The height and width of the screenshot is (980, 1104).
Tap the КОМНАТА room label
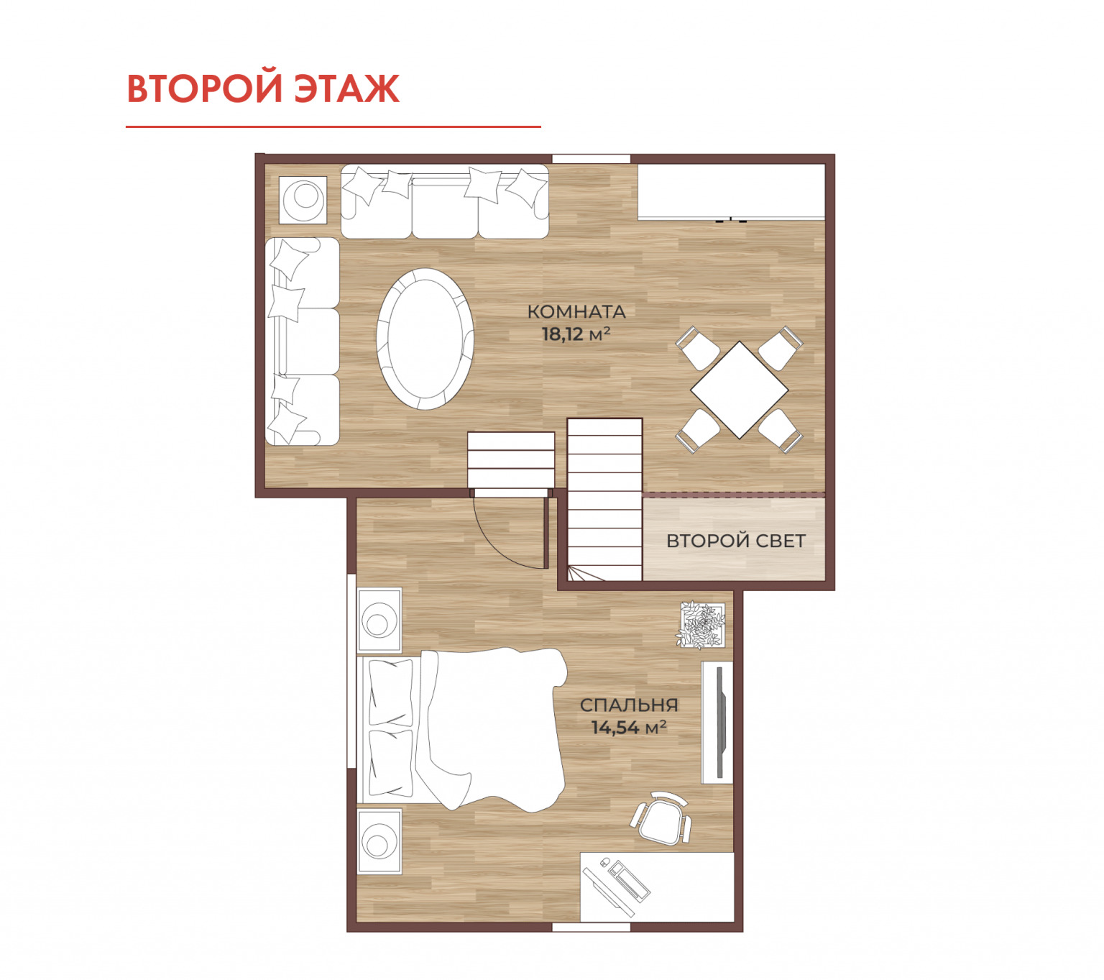click(576, 312)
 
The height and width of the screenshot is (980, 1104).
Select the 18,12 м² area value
click(576, 334)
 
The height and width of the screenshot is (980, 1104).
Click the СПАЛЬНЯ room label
click(629, 705)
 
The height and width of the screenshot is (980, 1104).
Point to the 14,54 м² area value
click(629, 728)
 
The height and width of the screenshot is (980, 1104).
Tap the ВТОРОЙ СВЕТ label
click(735, 541)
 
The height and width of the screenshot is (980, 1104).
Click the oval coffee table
click(425, 339)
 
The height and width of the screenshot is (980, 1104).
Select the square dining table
click(739, 390)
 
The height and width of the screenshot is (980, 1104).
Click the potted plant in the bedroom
click(701, 625)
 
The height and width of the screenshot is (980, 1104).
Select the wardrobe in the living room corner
click(731, 192)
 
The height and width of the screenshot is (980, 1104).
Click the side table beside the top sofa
click(303, 199)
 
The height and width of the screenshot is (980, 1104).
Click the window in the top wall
click(592, 159)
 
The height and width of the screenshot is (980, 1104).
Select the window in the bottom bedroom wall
click(592, 927)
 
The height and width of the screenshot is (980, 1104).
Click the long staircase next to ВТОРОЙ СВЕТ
click(604, 500)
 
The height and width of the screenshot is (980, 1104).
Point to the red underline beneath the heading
click(333, 127)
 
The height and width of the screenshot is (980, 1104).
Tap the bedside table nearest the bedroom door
click(379, 620)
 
